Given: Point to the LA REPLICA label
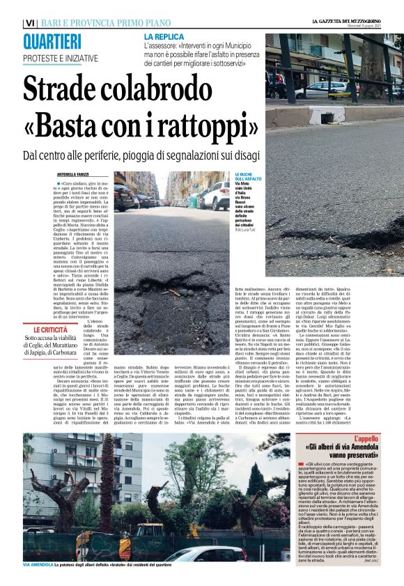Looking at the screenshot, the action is (164, 36).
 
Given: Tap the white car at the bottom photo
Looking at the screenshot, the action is (202, 553).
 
